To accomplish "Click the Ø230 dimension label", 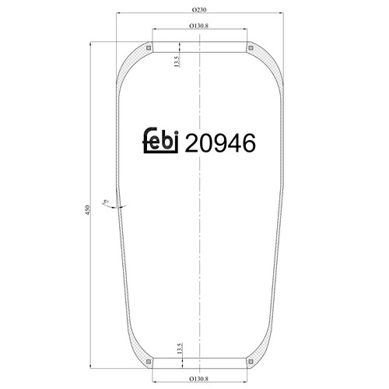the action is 199,10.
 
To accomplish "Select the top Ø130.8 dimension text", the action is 199,26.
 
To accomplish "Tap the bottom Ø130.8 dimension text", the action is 199,379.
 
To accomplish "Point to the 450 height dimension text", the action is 87,210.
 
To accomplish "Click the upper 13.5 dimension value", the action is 177,61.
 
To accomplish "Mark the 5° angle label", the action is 106,202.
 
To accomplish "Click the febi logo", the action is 161,140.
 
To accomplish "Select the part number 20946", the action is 220,143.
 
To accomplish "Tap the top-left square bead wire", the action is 149,48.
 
